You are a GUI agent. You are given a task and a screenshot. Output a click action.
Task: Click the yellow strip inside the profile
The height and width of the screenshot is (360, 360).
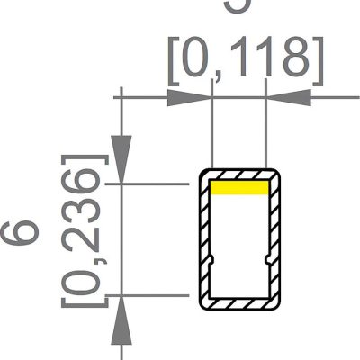coord(239,188)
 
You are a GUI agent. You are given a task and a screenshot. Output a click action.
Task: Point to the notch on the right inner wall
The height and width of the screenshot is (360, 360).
coord(269,260)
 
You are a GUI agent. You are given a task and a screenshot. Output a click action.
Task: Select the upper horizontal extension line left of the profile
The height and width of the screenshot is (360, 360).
coord(153,184)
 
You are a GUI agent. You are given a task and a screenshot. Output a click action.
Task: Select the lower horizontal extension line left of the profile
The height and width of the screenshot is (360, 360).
coord(153,294)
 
